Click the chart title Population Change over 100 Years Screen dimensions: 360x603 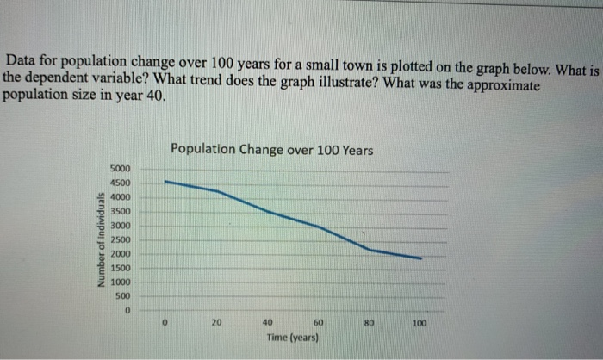pos(271,149)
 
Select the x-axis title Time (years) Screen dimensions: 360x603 pos(293,339)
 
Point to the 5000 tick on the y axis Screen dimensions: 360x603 pos(120,168)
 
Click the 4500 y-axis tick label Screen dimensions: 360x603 pos(120,183)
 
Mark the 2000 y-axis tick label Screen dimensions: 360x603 pos(120,254)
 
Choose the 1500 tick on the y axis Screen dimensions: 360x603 pos(120,268)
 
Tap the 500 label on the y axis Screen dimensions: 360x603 pos(122,296)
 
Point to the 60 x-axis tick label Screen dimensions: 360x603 pos(318,323)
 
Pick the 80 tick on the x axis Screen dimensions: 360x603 pos(369,323)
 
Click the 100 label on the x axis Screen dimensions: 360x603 pos(420,323)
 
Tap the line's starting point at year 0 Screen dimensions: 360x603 pos(165,181)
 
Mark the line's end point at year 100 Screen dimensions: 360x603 pos(420,258)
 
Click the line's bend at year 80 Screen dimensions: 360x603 pos(370,250)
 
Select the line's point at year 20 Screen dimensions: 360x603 pos(216,191)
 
